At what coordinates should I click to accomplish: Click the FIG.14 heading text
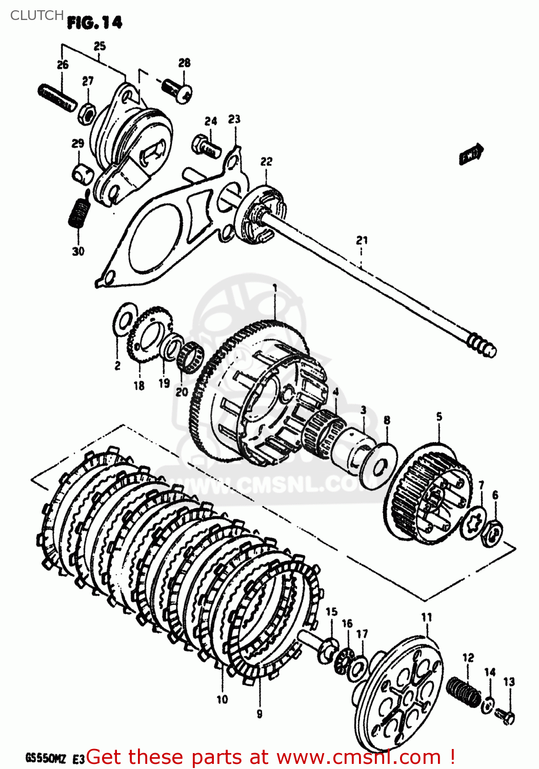[x=94, y=23]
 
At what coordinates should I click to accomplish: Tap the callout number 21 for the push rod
[x=362, y=240]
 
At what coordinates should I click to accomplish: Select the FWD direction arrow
[x=471, y=153]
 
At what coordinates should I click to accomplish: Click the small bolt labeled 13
[x=506, y=716]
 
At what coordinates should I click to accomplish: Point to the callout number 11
[x=427, y=617]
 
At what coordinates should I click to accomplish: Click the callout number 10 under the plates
[x=222, y=699]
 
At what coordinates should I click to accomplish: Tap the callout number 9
[x=259, y=714]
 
